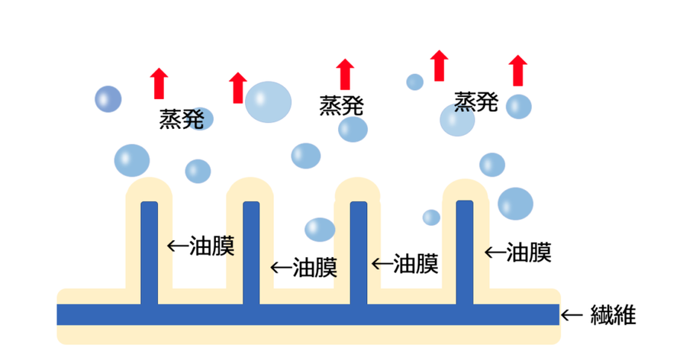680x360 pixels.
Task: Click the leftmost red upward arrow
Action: pyautogui.click(x=159, y=83)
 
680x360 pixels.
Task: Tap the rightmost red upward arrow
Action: pyautogui.click(x=519, y=70)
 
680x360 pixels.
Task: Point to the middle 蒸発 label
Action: pyautogui.click(x=341, y=105)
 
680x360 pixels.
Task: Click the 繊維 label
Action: pyautogui.click(x=614, y=314)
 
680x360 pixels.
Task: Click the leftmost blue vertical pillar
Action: pyautogui.click(x=150, y=252)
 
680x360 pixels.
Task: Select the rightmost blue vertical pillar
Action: pyautogui.click(x=464, y=252)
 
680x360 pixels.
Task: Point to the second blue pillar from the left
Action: pyautogui.click(x=251, y=252)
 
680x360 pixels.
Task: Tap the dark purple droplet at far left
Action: pyautogui.click(x=108, y=98)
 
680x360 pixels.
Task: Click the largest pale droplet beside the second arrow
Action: pyautogui.click(x=268, y=101)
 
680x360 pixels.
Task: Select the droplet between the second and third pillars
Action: pyautogui.click(x=320, y=229)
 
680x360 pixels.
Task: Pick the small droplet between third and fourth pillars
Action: pyautogui.click(x=431, y=217)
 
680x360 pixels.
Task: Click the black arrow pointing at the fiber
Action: pyautogui.click(x=572, y=314)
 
